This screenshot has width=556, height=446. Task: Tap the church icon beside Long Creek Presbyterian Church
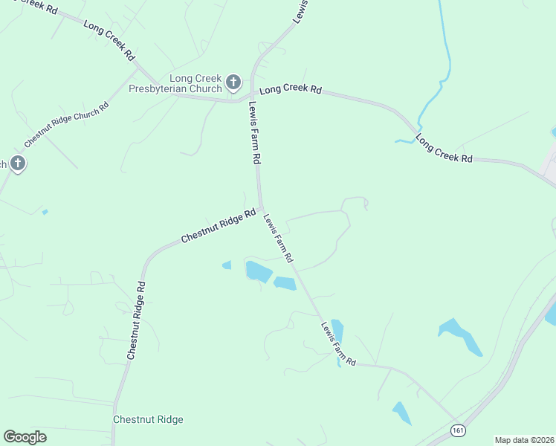coord(233,82)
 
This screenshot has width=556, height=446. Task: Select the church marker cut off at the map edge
coord(18,164)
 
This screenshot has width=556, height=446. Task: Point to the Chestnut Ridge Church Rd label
coord(66,124)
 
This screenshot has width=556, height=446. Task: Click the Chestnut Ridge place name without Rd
coord(148,419)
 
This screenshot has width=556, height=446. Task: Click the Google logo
coord(25,436)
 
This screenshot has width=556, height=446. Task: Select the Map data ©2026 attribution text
coord(524,439)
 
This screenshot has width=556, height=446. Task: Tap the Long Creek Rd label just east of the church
coord(291,89)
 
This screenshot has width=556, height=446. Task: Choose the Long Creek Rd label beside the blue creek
coord(444,149)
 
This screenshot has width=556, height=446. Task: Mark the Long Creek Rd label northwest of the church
coord(109,40)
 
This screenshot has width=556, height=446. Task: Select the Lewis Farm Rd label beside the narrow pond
coord(338,343)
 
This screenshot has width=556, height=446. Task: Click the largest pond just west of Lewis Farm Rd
coord(258,271)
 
